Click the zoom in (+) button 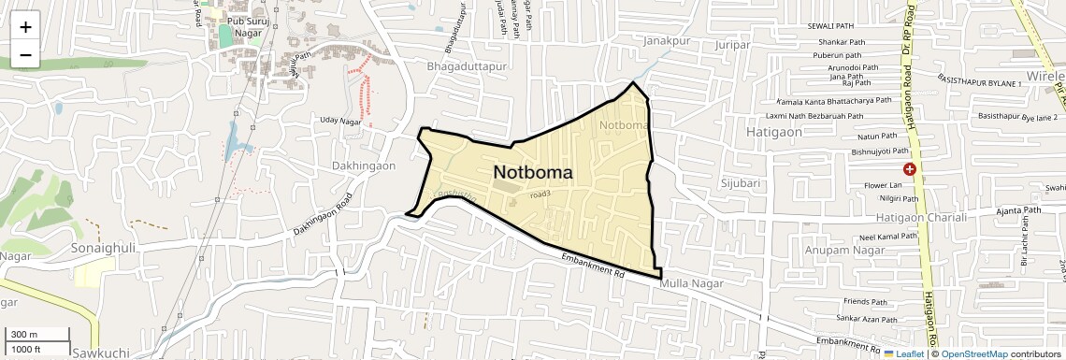coord(25,27)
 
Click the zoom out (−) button coord(25,55)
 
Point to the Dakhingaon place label coord(364,166)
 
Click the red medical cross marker coord(908,169)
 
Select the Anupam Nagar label coord(838,250)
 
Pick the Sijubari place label coord(741,183)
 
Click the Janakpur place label coord(666,41)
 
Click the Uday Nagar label coord(340,121)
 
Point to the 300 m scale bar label coord(24,335)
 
